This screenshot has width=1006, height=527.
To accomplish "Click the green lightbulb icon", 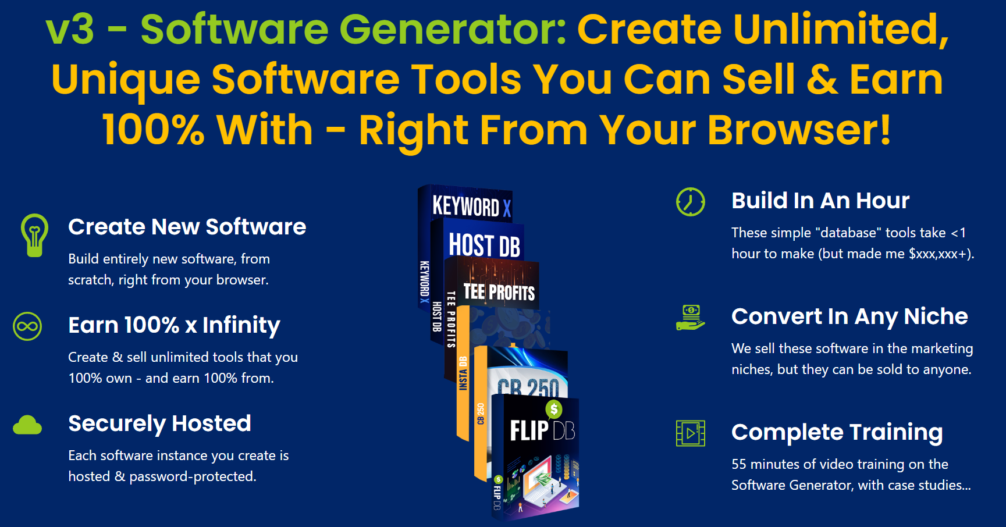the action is (x=34, y=235).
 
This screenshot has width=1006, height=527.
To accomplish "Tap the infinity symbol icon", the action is (x=27, y=326).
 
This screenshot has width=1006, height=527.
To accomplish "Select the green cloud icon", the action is (x=27, y=425).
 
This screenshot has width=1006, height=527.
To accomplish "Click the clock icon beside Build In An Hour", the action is (x=691, y=202).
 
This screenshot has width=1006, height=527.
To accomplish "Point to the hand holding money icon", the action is (x=691, y=318).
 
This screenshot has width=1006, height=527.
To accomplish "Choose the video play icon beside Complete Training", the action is (x=691, y=433).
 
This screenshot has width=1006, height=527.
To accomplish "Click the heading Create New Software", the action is (x=187, y=227).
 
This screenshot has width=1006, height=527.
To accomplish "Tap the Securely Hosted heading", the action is (x=160, y=424).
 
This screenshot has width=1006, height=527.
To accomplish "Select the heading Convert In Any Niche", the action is (x=849, y=317).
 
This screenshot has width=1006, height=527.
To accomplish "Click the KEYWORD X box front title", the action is (x=472, y=206).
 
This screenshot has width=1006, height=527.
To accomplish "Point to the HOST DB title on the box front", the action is (x=485, y=245).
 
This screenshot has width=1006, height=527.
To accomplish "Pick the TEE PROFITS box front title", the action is (x=499, y=291).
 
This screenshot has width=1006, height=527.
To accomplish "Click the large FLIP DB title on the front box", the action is (x=542, y=431).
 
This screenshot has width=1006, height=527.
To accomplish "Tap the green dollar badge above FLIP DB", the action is (x=554, y=410).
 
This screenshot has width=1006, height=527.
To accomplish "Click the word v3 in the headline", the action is (x=70, y=29).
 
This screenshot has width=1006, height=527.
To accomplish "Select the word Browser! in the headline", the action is (x=799, y=129).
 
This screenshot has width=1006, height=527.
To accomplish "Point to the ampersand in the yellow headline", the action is (x=822, y=79).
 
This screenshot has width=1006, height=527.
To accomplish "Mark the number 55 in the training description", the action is (x=739, y=464).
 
